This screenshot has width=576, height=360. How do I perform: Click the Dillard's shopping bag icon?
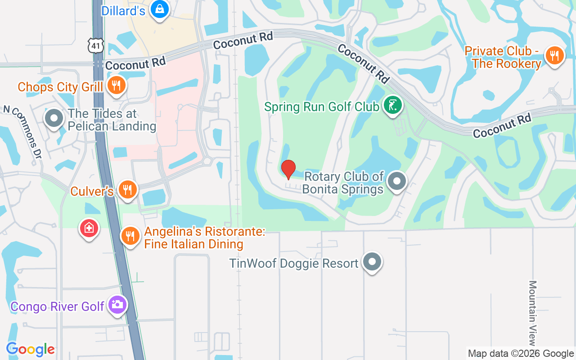pyautogui.click(x=159, y=9)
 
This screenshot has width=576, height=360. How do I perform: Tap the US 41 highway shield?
pyautogui.click(x=96, y=45)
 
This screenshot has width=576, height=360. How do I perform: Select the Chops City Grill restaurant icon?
pyautogui.click(x=116, y=85)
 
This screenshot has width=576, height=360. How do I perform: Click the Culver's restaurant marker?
pyautogui.click(x=128, y=189)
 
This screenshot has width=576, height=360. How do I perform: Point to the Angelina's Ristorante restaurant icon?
pyautogui.click(x=130, y=235)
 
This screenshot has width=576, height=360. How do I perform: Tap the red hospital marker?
pyautogui.click(x=89, y=228)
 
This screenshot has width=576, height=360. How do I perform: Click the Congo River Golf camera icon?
pyautogui.click(x=117, y=305)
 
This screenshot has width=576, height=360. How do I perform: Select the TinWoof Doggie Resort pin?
pyautogui.click(x=372, y=261)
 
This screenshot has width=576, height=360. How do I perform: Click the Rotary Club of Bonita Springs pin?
pyautogui.click(x=396, y=182)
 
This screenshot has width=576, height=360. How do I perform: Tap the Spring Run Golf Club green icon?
pyautogui.click(x=393, y=105)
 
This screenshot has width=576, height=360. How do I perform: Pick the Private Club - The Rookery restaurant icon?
pyautogui.click(x=554, y=56)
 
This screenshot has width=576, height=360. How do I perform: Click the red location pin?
pyautogui.click(x=288, y=169)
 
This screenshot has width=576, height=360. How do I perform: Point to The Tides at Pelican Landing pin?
pyautogui.click(x=54, y=118)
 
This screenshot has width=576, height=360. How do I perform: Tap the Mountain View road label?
pyautogui.click(x=533, y=313)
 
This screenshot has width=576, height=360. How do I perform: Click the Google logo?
pyautogui.click(x=31, y=349)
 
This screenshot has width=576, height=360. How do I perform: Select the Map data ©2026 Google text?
pyautogui.click(x=521, y=354)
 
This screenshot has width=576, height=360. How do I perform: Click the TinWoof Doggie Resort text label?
pyautogui.click(x=294, y=263)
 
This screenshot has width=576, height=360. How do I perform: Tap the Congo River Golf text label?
pyautogui.click(x=58, y=306)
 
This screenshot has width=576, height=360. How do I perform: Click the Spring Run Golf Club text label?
pyautogui.click(x=322, y=107)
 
